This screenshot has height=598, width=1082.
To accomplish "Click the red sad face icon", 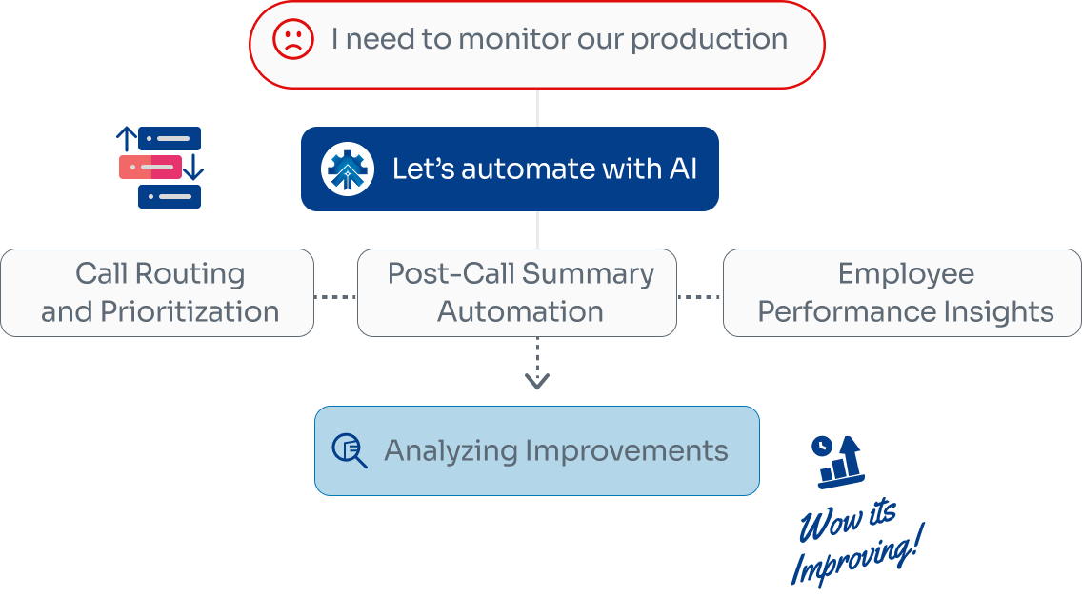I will (292, 40).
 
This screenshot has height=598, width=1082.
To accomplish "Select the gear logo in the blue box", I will (347, 169).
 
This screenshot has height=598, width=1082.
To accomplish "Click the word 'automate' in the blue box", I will (523, 169).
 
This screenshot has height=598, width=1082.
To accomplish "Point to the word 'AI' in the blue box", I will (682, 169).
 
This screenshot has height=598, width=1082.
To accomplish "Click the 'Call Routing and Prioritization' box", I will (157, 292).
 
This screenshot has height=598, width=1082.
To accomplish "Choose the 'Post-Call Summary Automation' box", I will (517, 292).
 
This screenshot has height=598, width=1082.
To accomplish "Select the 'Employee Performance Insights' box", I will (903, 292).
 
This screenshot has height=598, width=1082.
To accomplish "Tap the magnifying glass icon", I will (349, 450).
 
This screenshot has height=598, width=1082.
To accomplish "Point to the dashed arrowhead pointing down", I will (537, 381).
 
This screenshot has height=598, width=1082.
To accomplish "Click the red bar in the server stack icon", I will (150, 168).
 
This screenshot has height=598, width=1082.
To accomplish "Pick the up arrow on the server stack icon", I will (125, 139).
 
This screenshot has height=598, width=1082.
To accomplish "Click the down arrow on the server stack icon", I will (193, 169).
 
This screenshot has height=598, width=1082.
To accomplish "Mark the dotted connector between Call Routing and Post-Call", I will (335, 297).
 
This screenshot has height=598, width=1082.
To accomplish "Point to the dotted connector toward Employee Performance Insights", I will (700, 297).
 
